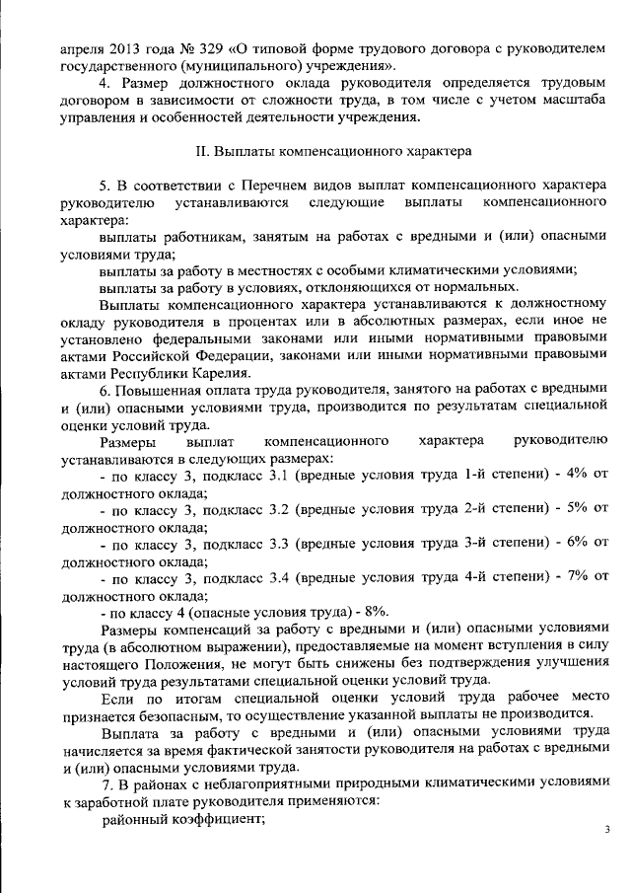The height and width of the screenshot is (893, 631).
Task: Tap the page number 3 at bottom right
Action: point(607,830)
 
